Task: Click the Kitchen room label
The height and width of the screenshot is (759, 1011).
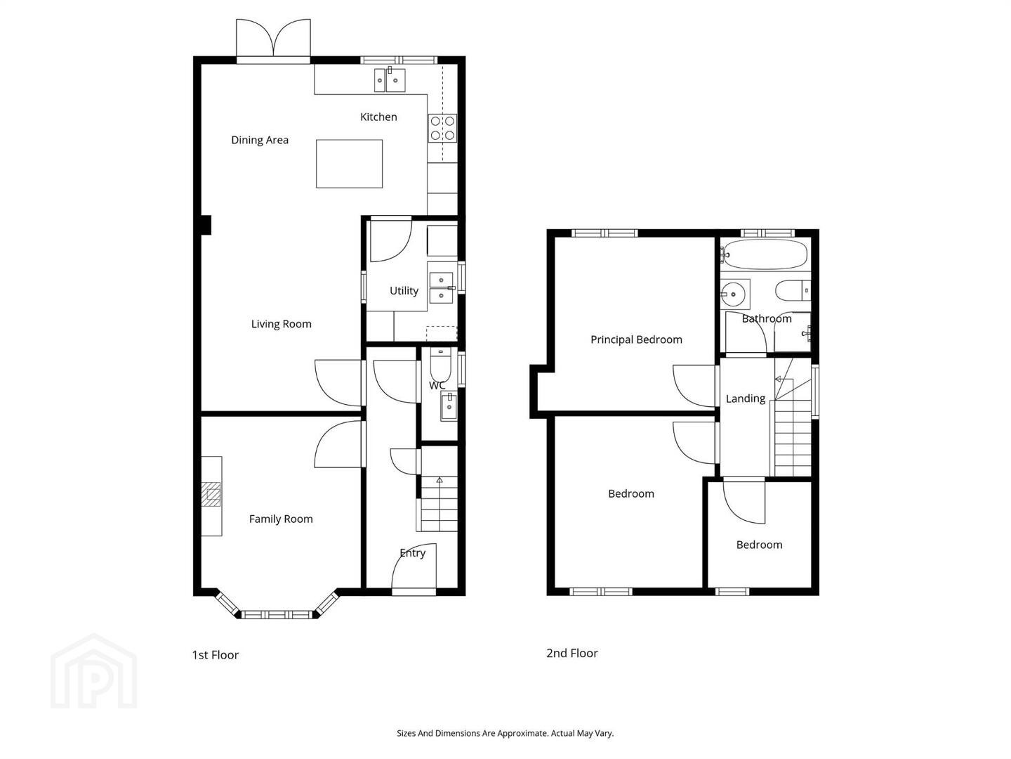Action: click(378, 117)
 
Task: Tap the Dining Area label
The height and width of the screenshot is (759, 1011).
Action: click(260, 140)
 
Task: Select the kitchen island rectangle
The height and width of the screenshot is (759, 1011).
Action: click(349, 164)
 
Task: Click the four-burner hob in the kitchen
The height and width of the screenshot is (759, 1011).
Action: click(442, 128)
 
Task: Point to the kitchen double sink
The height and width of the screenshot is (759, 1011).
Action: click(389, 79)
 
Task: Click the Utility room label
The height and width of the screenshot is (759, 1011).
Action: click(404, 291)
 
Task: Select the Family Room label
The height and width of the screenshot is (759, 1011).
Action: click(281, 519)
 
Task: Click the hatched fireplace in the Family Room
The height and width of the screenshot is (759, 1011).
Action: click(211, 495)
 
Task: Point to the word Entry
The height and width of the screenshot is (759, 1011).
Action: click(412, 553)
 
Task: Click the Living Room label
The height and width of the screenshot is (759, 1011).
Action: click(281, 324)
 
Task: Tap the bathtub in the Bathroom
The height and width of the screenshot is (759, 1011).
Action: click(764, 254)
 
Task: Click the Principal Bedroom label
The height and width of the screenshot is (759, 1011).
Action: click(636, 340)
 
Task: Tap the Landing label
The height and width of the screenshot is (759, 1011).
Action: click(745, 398)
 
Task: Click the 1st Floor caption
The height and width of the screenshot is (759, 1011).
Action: click(215, 655)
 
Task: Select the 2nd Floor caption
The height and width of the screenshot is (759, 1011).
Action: click(572, 653)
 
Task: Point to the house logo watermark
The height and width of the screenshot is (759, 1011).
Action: click(94, 671)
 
